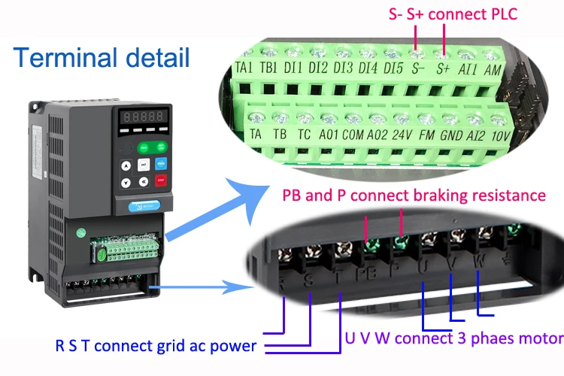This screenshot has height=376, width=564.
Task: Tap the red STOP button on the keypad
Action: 160,180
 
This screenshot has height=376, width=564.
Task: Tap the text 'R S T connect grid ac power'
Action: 156,347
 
